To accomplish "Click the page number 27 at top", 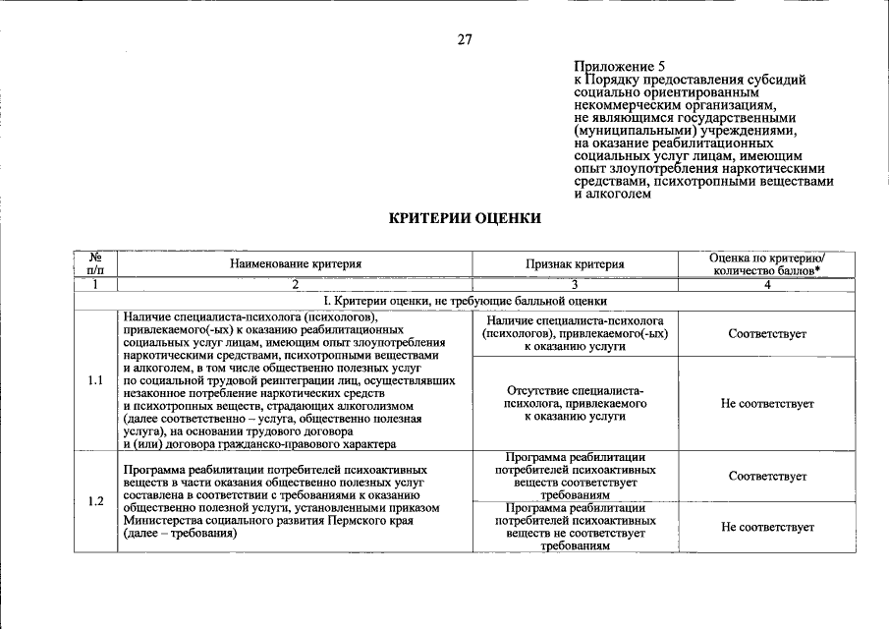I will pos(465,40).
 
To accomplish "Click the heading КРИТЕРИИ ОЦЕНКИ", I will pos(465,217).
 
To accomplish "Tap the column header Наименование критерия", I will pos(296,263).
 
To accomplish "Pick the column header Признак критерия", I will pos(575,263).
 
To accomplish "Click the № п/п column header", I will pos(95,262).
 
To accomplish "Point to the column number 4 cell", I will pos(767,284).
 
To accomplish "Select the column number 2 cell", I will pos(295,284).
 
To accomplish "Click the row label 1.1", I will pos(95,380).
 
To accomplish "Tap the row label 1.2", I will pos(95,501).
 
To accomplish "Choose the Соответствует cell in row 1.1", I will pos(767,334).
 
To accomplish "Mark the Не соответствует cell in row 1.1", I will pos(767,404).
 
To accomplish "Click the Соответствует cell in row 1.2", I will pos(767,477).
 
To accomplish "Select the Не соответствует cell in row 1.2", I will pos(767,528).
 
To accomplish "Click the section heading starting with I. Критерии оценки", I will pos(465,301).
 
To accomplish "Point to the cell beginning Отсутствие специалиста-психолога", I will pos(575,404).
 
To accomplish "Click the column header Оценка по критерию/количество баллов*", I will pos(767,262).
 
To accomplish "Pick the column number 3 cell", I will pos(575,284).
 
